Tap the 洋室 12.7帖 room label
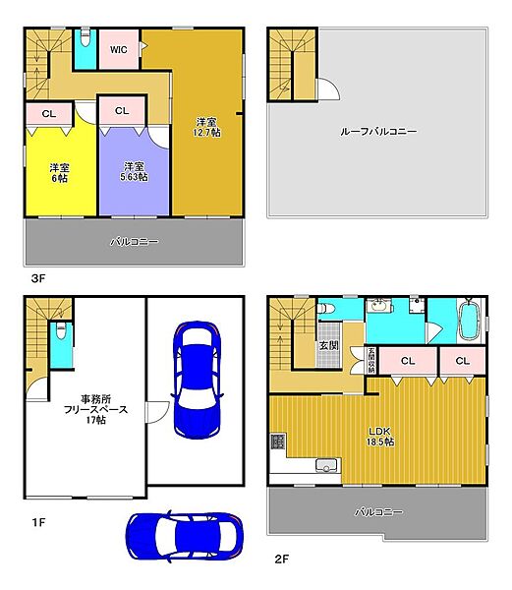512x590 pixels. (x=206, y=128)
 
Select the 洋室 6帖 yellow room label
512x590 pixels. (x=58, y=172)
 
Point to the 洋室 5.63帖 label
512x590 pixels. (x=134, y=172)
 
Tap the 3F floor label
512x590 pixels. (x=37, y=278)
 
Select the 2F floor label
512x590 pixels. (x=281, y=559)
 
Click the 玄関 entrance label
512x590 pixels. (x=327, y=346)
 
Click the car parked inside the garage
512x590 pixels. (x=198, y=379)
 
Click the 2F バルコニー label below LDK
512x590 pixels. (x=378, y=511)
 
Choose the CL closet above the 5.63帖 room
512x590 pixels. (x=122, y=111)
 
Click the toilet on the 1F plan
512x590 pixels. (x=61, y=334)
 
